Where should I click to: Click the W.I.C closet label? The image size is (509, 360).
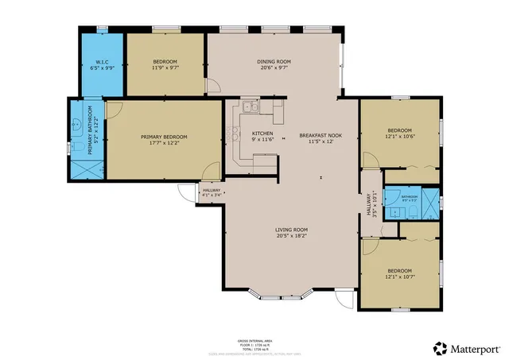[102, 62]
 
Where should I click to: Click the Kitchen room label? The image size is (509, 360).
[262, 133]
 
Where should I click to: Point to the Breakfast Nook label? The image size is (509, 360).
[321, 136]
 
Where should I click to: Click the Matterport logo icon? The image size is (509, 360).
[440, 348]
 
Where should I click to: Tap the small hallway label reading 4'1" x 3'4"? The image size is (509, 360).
[211, 194]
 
